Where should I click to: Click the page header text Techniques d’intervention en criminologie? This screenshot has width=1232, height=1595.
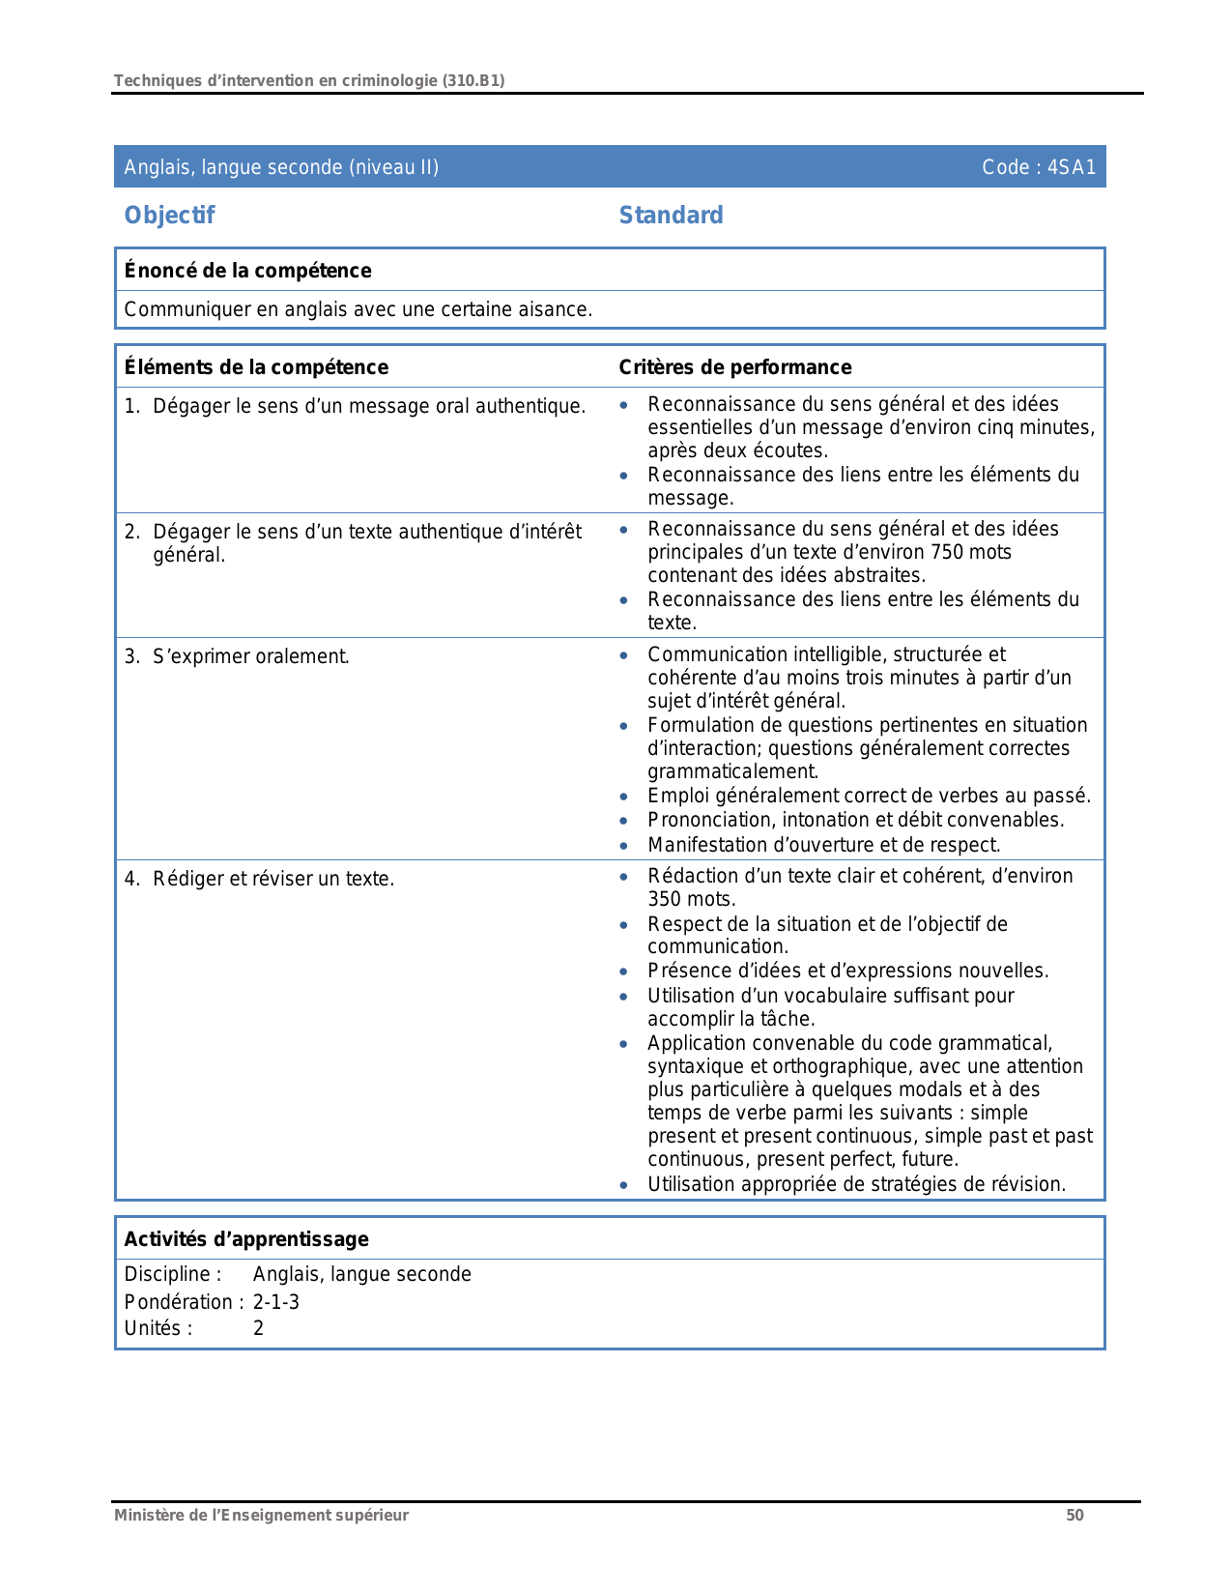[x=308, y=81]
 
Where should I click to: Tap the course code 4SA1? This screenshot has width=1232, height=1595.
[x=1072, y=167]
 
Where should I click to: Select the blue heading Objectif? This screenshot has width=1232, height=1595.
[x=169, y=216]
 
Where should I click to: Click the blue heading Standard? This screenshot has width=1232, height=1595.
[x=671, y=216]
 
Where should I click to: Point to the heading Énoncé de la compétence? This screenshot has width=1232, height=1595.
[x=247, y=271]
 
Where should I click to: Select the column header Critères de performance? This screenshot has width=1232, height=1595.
[x=734, y=367]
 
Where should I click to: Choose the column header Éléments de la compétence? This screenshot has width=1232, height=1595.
[x=256, y=367]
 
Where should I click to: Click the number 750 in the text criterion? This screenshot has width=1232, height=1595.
[x=947, y=553]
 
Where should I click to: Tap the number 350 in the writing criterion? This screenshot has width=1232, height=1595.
[x=665, y=900]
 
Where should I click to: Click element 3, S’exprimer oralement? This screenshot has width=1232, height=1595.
[x=251, y=657]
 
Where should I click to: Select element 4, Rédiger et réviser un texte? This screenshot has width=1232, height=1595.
[x=272, y=880]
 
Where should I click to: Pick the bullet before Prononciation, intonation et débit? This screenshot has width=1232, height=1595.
[x=624, y=822]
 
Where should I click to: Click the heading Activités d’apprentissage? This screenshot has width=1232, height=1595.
[x=246, y=1239]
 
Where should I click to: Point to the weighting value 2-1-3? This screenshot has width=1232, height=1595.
[x=276, y=1302]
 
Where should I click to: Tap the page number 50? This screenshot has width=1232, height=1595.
[x=1074, y=1516]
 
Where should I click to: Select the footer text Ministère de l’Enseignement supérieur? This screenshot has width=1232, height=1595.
[x=261, y=1516]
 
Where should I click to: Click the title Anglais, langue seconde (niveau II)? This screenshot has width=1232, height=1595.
[x=281, y=167]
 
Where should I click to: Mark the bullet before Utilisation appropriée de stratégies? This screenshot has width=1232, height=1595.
[x=624, y=1186]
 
